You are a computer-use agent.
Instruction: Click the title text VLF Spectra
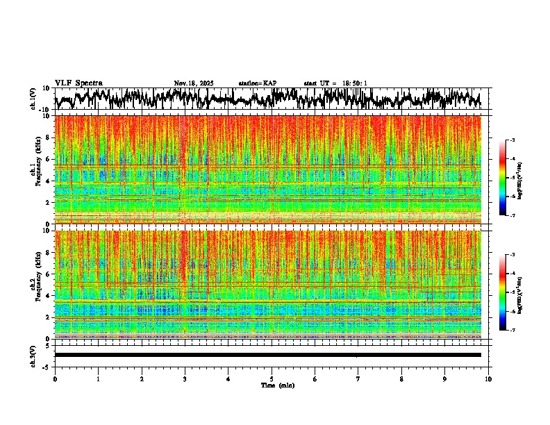tap(78, 83)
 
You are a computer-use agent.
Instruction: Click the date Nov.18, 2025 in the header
tap(194, 83)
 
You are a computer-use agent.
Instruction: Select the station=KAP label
tap(257, 83)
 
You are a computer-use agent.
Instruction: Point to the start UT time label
tap(335, 83)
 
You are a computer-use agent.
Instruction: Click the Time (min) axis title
tap(277, 385)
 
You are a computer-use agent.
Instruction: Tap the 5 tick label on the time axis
tap(272, 378)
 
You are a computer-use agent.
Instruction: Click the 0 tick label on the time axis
tap(55, 378)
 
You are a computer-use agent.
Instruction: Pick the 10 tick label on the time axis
tap(488, 378)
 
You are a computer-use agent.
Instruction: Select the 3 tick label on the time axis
tap(185, 378)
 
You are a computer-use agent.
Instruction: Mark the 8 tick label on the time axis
tap(401, 378)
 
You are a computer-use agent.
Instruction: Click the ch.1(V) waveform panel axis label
tap(33, 99)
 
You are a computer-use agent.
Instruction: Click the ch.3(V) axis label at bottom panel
tap(33, 355)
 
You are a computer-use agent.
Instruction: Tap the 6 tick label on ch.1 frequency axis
tap(48, 159)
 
